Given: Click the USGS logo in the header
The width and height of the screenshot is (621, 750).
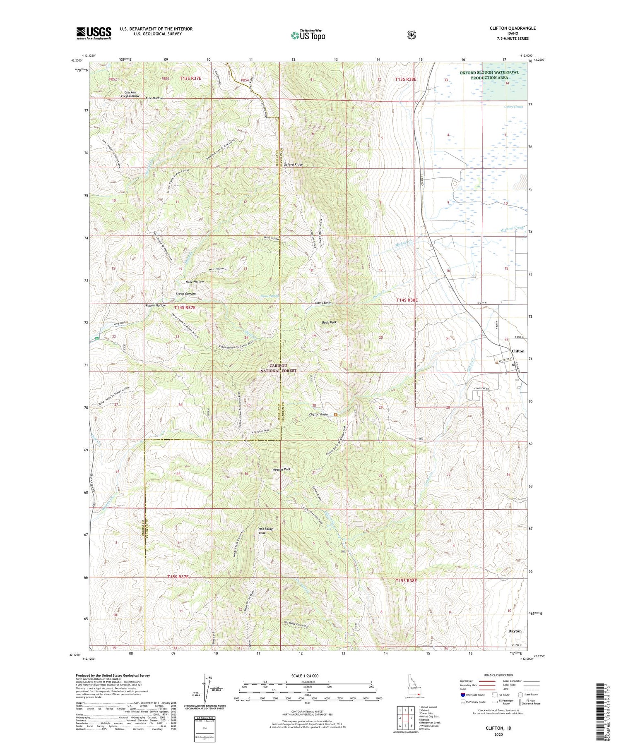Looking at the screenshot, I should tap(94, 33).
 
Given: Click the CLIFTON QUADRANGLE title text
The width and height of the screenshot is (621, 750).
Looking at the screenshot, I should tap(512, 28).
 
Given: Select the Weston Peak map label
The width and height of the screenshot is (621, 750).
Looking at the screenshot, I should tap(282, 470).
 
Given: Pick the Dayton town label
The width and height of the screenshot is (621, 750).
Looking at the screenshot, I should tap(515, 631).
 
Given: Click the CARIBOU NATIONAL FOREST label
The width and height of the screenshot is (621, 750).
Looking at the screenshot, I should tap(278, 368).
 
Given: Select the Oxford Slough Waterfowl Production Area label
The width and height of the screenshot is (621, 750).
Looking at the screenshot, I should tap(489, 75).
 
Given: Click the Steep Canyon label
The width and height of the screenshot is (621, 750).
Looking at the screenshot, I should tap(185, 294).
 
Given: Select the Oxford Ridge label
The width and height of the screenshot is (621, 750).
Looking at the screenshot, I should tap(293, 164).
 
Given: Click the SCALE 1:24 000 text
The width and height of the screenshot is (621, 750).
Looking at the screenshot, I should tap(308, 676).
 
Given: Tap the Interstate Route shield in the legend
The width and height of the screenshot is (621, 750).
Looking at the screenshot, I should tap(463, 695).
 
